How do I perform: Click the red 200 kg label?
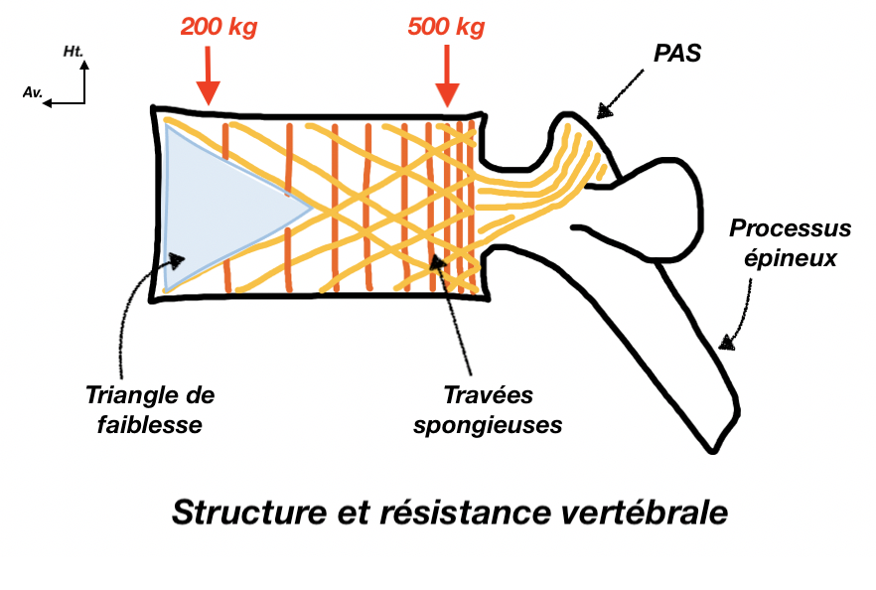click(219, 27)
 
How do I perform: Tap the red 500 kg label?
click(446, 27)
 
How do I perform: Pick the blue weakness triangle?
click(219, 209)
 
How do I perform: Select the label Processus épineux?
click(790, 244)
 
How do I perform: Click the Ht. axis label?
click(73, 50)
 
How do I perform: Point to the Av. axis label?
click(32, 91)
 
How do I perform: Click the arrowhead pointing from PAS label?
click(600, 112)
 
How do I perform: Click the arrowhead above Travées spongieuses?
click(437, 265)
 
